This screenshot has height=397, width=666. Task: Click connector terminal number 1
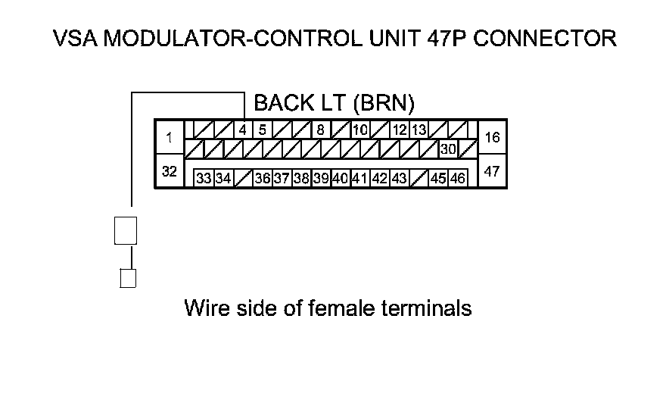[x=170, y=138]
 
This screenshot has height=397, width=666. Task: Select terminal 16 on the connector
[x=492, y=138]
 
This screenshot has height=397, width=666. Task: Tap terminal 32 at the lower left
[x=170, y=172]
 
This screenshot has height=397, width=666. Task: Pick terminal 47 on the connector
[x=492, y=172]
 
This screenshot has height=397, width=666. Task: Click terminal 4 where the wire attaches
[x=243, y=130]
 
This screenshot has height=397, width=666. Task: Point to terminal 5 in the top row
[x=262, y=130]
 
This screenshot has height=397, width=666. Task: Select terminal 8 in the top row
[x=320, y=130]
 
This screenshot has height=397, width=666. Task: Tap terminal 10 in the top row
[x=360, y=130]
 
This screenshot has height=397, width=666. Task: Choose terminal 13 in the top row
[x=419, y=130]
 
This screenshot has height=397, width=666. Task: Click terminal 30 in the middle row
[x=448, y=149]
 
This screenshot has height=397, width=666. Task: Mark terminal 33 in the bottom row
[x=204, y=179]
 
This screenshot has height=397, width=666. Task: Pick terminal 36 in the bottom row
[x=263, y=179]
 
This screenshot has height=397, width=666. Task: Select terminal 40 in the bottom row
[x=340, y=179]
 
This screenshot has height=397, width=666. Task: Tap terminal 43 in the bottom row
[x=400, y=179]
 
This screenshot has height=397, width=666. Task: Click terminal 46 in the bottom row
[x=458, y=179]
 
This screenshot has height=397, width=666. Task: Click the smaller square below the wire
[x=127, y=278]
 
